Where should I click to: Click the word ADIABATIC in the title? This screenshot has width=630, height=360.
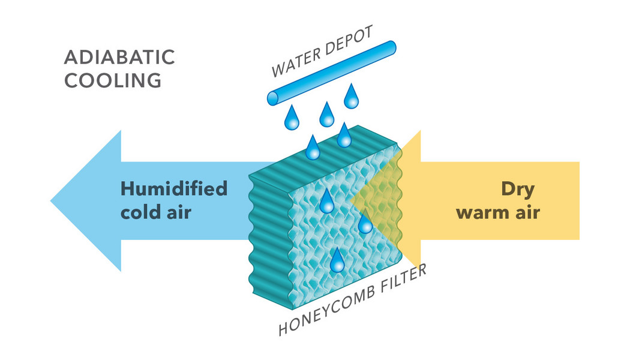click(x=119, y=58)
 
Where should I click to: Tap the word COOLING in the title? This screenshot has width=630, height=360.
click(x=113, y=80)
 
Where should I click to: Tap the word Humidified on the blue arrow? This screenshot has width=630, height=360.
click(x=174, y=188)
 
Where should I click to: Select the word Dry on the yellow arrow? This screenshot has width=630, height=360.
click(x=517, y=188)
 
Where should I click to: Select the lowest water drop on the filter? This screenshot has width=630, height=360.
click(x=338, y=260)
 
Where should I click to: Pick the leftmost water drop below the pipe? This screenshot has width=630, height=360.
click(x=292, y=119)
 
